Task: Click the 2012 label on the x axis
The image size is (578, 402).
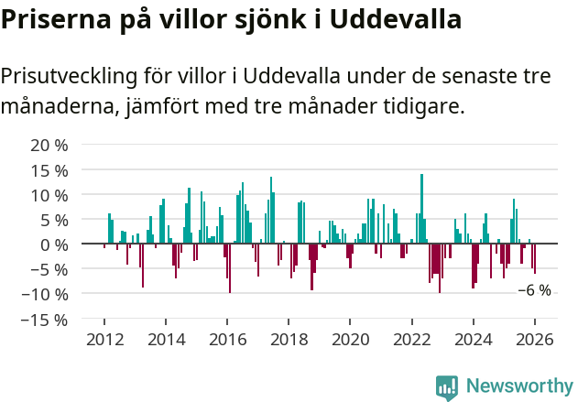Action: click(x=104, y=339)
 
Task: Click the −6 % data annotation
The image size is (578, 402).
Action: click(x=534, y=290)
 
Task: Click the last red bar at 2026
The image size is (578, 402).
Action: click(x=535, y=258)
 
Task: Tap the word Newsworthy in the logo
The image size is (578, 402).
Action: click(x=518, y=386)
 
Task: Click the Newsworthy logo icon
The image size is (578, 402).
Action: click(x=447, y=387)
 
